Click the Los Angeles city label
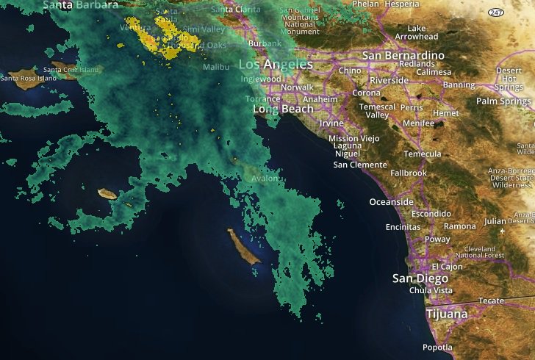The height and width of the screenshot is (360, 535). coord(276,65)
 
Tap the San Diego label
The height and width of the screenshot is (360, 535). coord(420,278)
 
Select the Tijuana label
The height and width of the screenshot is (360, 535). coord(447,314)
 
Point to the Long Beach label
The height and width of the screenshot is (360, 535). coord(283,109)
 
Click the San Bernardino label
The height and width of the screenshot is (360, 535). coord(403,56)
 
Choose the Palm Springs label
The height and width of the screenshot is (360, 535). coord(503,101)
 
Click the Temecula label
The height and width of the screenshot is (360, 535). coord(423,154)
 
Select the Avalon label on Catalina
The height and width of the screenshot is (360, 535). coord(265,179)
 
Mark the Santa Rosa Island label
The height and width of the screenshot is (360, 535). coord(29,78)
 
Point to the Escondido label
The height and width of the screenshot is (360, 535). coord(431,214)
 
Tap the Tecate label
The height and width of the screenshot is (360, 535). coord(491,301)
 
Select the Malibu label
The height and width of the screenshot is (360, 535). coord(216,67)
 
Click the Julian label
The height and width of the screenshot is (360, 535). coord(496,220)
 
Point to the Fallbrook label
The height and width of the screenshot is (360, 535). coord(409,173)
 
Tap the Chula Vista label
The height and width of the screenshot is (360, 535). coord(432,290)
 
